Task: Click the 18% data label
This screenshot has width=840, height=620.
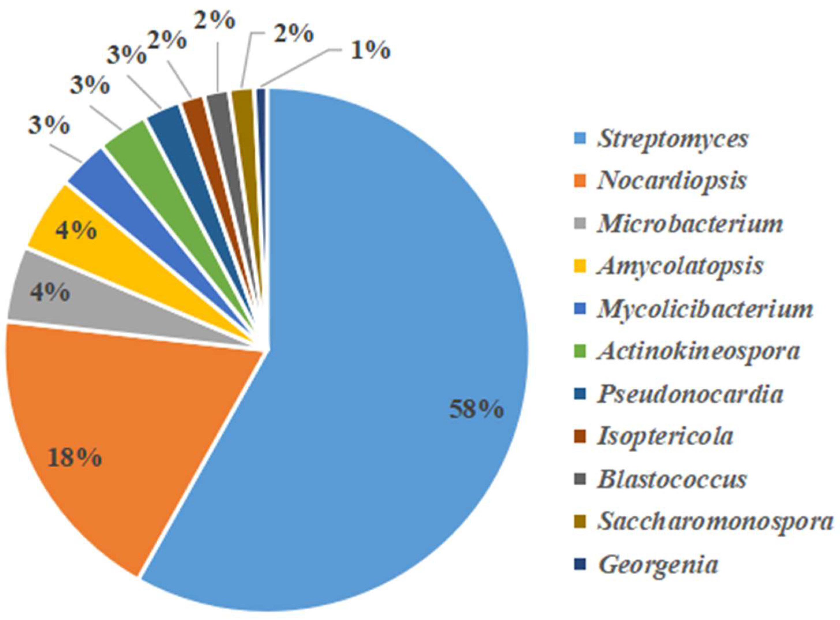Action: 74,459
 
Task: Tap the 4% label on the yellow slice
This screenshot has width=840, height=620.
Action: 76,231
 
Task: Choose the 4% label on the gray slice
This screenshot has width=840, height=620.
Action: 50,293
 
